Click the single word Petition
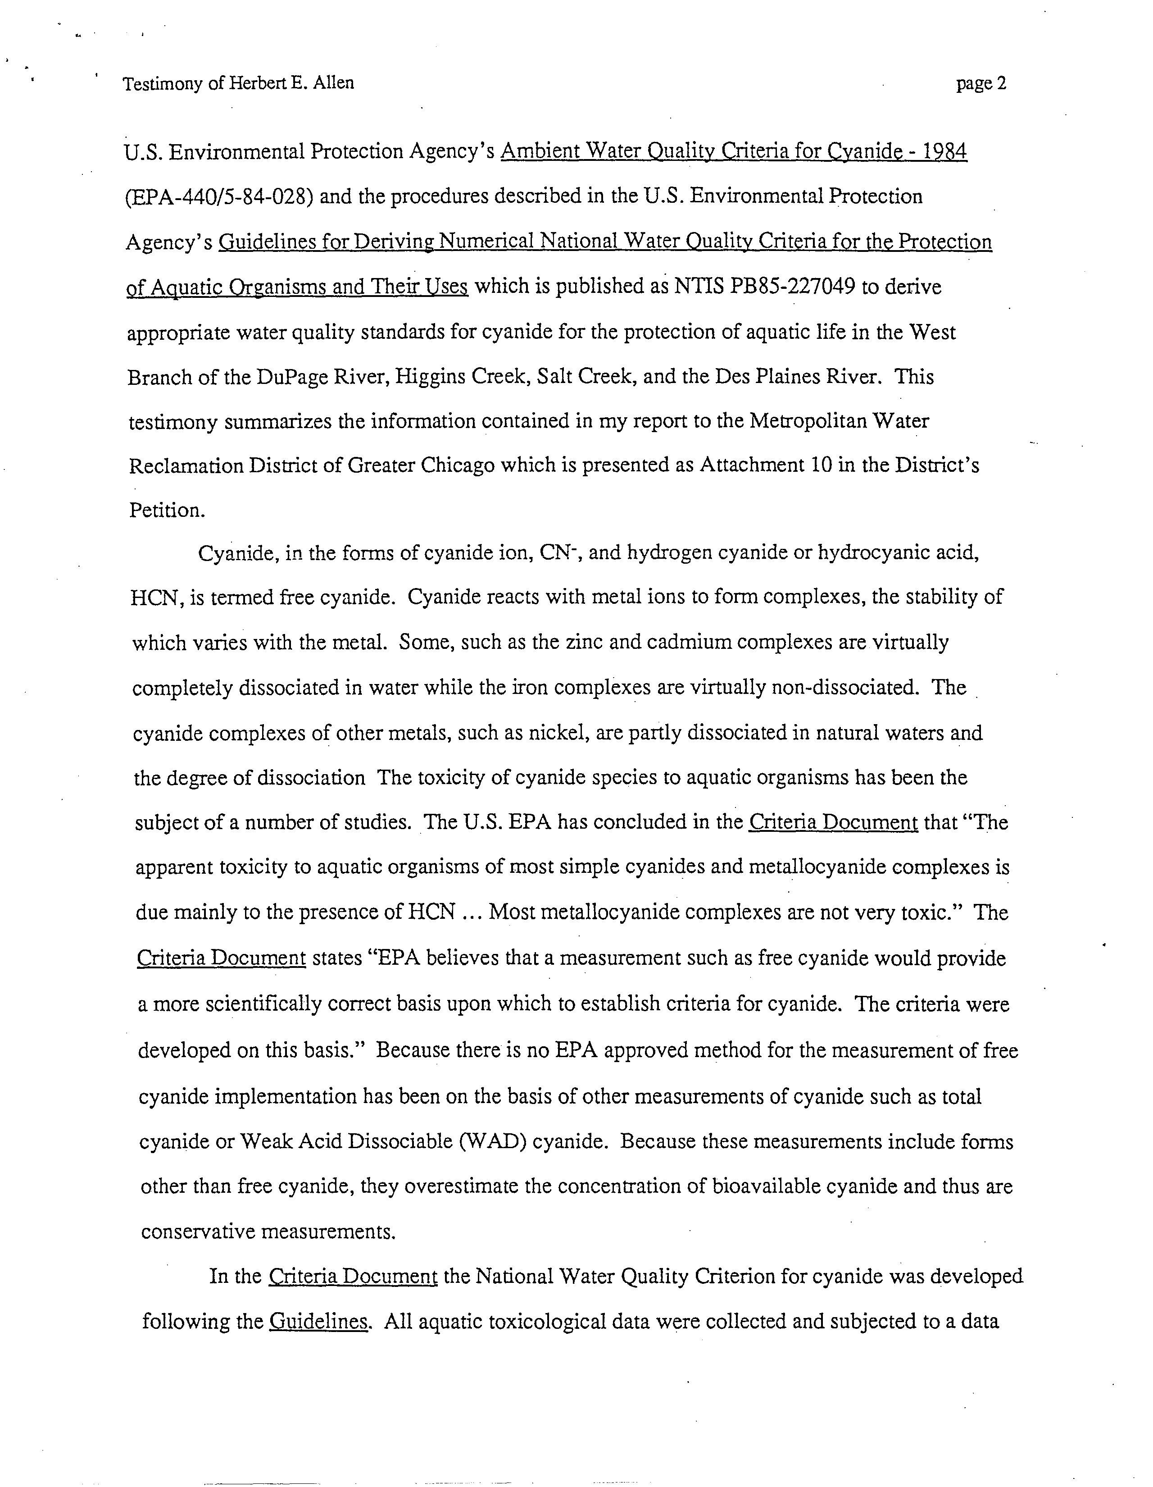[167, 511]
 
